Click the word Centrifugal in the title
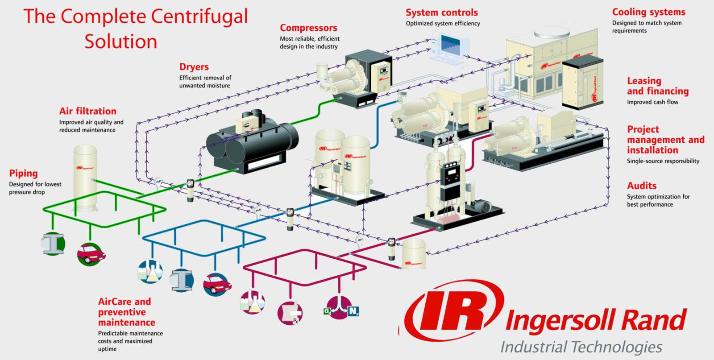coord(199,17)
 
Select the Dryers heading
coord(194,67)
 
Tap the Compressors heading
coord(308,28)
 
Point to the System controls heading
coord(441,12)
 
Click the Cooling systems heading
coord(648,12)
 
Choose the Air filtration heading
coord(88,111)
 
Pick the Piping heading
coord(23,174)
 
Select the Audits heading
coord(641,186)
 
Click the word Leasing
coord(644,81)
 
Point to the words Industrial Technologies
coord(581,347)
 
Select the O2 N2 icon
coord(341,308)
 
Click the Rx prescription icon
coord(290,312)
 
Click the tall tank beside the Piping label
coord(85,176)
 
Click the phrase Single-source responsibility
coord(663,161)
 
